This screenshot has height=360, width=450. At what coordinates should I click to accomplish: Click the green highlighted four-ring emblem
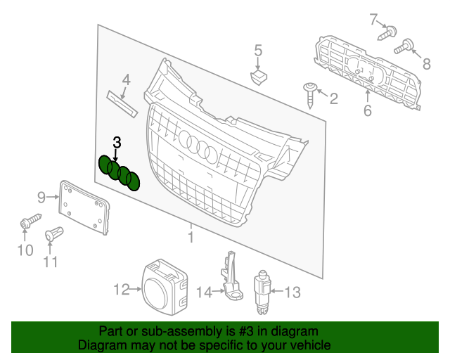[x=119, y=173]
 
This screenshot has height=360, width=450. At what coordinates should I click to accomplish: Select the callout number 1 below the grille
[x=190, y=237]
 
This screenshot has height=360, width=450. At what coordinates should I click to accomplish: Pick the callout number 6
[x=367, y=111]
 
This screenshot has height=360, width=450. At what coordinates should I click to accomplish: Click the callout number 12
[x=122, y=289]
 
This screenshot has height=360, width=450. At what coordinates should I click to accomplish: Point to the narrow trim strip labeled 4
[x=124, y=102]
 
